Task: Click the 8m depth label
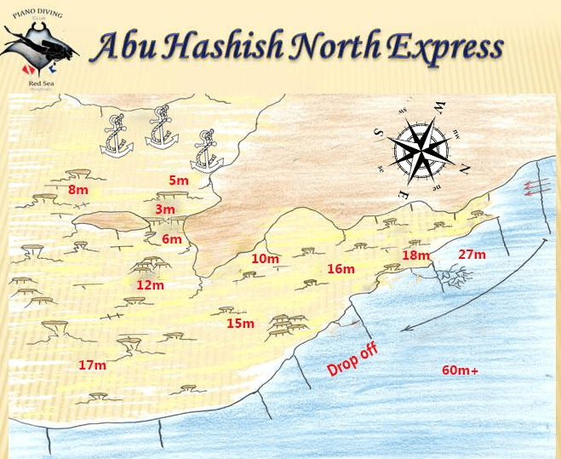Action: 78,190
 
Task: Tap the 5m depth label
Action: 179,180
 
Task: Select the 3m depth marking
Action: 165,209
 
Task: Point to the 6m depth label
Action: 172,239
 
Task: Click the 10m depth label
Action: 266,259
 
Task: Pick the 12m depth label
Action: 150,284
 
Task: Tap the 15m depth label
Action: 241,323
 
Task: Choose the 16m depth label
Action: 341,269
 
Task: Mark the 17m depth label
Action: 92,364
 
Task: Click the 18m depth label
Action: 416,255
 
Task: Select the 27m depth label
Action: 472,254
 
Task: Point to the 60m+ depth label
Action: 461,370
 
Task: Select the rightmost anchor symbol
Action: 204,151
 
